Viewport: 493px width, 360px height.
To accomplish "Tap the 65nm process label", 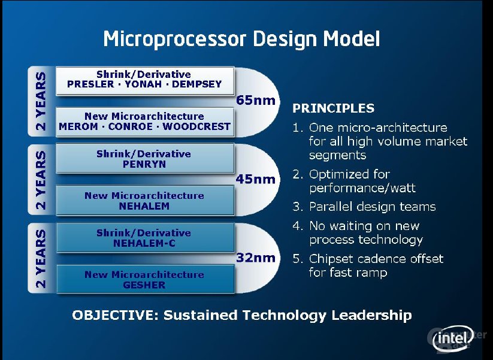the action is click(256, 100).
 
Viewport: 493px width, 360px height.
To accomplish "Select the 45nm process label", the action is click(256, 179).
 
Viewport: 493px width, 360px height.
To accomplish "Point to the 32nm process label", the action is click(256, 258).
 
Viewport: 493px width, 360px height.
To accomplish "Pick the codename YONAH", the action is click(143, 84).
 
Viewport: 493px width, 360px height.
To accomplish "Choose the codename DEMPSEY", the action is click(197, 84).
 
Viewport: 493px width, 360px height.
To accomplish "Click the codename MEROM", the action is click(78, 126).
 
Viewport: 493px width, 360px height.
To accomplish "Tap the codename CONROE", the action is click(131, 126).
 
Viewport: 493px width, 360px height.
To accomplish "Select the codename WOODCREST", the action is click(196, 126).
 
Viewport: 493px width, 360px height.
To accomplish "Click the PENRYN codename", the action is click(144, 164).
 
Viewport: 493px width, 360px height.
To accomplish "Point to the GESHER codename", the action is click(144, 285).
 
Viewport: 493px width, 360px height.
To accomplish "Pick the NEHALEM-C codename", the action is click(144, 243).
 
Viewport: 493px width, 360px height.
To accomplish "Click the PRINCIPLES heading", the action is click(333, 108).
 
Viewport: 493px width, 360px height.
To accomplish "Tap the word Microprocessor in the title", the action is click(174, 40).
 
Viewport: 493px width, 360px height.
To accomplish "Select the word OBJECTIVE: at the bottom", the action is click(115, 315).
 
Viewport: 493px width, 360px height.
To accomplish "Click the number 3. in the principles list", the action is click(298, 207).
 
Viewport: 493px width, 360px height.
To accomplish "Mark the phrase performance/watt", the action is click(362, 188).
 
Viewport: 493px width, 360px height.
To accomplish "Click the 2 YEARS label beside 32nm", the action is click(41, 258).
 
